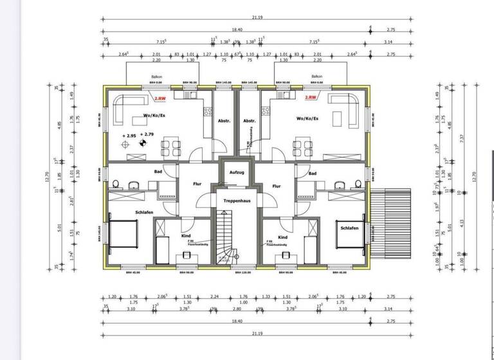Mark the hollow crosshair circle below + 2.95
coord(125,145)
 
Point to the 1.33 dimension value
coord(266,297)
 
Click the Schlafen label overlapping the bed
coord(350,228)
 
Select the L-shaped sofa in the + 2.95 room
coord(126,109)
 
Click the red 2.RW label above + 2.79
coord(159,98)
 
